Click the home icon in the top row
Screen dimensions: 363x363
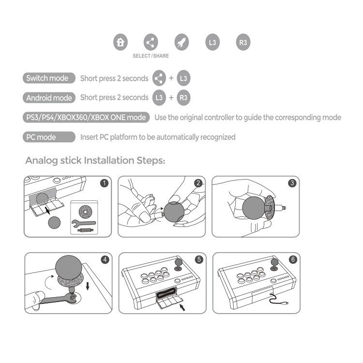point(121,42)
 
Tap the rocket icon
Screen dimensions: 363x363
point(181,42)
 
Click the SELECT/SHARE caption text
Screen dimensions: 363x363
point(151,56)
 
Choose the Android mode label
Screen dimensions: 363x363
point(49,98)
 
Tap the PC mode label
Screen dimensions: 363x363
point(42,137)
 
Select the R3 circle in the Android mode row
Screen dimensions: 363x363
point(183,98)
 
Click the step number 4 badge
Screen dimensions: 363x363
point(104,259)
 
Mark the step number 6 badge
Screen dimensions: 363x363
point(292,259)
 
